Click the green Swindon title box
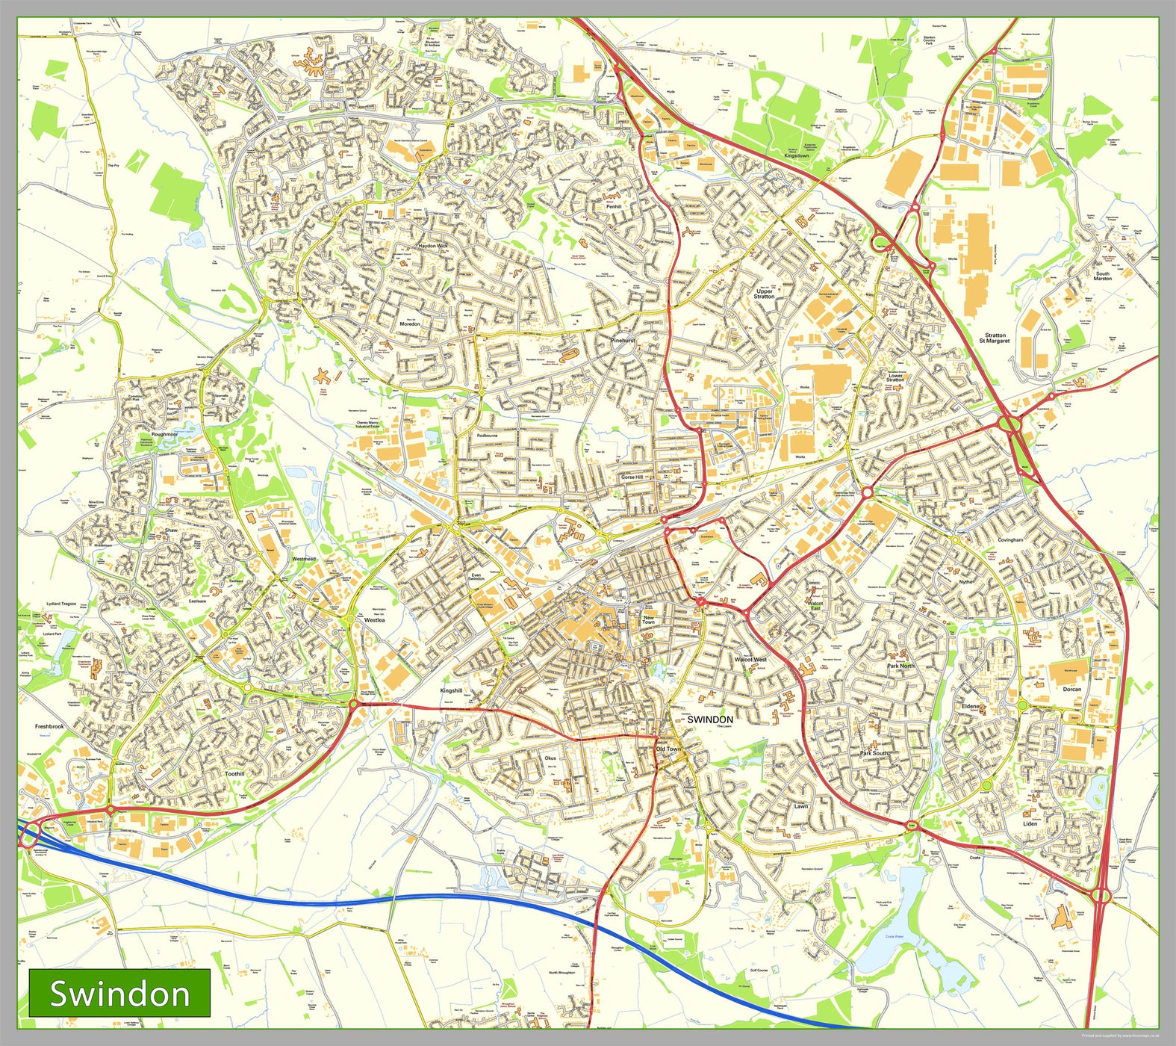pyautogui.click(x=119, y=994)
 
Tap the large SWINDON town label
pyautogui.click(x=709, y=719)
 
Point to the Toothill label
pyautogui.click(x=234, y=774)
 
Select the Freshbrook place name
pyautogui.click(x=49, y=726)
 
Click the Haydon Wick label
pyautogui.click(x=433, y=246)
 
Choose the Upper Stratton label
pyautogui.click(x=764, y=294)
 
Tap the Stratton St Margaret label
pyautogui.click(x=995, y=338)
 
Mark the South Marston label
pyautogui.click(x=1103, y=276)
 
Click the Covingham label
pyautogui.click(x=1010, y=539)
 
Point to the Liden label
pyautogui.click(x=1030, y=823)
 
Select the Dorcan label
pyautogui.click(x=1071, y=689)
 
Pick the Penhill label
pyautogui.click(x=613, y=207)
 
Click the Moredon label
pyautogui.click(x=410, y=324)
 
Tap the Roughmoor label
pyautogui.click(x=164, y=434)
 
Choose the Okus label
pyautogui.click(x=550, y=758)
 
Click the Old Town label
pyautogui.click(x=668, y=749)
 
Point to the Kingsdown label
pyautogui.click(x=797, y=155)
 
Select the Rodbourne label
pyautogui.click(x=487, y=435)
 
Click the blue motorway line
pyautogui.click(x=448, y=897)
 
